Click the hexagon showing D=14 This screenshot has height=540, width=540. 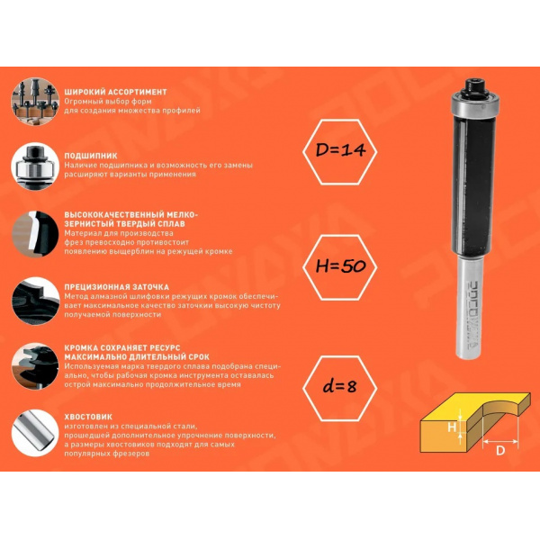coord(340,152)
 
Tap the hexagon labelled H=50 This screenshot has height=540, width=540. coord(340,267)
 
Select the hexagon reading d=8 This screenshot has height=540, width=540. coord(340,388)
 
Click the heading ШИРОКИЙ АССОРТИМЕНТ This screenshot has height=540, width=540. coord(115,92)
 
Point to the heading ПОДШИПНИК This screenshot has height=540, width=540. coord(91,156)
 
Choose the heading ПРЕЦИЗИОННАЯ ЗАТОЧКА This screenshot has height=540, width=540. coord(116,287)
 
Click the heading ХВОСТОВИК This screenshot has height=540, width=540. coord(88,417)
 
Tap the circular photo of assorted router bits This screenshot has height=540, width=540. coord(35,101)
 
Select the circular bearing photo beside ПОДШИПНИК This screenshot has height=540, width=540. coord(35,166)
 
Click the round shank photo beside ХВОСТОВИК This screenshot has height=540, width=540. coord(35,433)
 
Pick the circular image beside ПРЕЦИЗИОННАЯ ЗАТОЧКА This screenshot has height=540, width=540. coord(35,301)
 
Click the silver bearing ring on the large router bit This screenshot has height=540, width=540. coord(475,103)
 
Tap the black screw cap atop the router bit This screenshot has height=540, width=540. coord(475,87)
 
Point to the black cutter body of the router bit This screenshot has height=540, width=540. coord(474,186)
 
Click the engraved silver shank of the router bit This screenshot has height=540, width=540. coord(470,308)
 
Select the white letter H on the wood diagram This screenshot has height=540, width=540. coord(452,427)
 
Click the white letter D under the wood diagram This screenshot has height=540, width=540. coord(500,451)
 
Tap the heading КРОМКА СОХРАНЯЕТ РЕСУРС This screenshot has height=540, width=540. coord(122,347)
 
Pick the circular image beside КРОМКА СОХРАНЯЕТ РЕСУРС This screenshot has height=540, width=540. coord(35,366)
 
